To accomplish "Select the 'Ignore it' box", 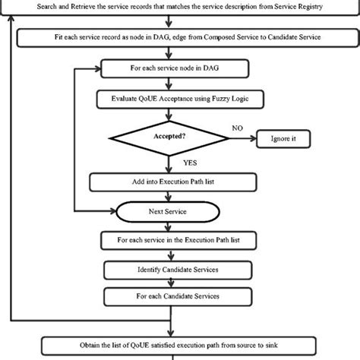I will tap(283, 140).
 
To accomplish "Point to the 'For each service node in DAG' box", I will tap(165, 69).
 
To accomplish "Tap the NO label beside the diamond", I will tap(238, 128).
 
